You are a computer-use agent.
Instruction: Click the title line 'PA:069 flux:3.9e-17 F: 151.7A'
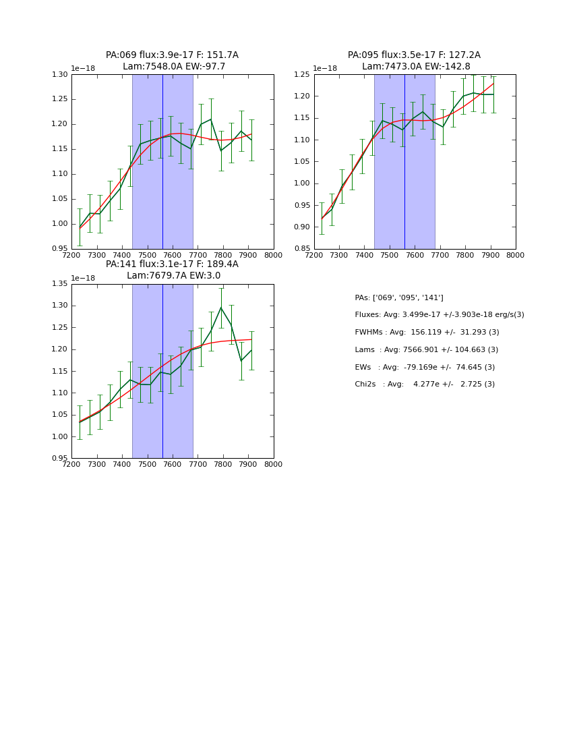[x=172, y=55]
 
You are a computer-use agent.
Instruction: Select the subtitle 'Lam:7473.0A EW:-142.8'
[x=414, y=67]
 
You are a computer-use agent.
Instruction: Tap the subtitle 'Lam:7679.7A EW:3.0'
[x=173, y=276]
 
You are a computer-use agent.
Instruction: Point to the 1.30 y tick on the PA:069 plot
[x=60, y=74]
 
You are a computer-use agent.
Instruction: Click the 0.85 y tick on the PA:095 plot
[x=302, y=249]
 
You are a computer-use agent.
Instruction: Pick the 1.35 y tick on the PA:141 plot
[x=60, y=284]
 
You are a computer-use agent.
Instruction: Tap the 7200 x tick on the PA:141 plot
[x=71, y=465]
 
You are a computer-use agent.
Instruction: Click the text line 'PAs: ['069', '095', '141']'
[x=399, y=297]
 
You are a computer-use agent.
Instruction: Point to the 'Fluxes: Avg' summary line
[x=439, y=315]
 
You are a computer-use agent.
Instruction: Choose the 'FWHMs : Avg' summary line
[x=427, y=333]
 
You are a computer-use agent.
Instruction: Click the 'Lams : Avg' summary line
[x=426, y=350]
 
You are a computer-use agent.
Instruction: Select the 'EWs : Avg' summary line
[x=425, y=367]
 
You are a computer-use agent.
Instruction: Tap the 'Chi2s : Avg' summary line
[x=425, y=384]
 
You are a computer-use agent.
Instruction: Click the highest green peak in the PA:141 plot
[x=221, y=308]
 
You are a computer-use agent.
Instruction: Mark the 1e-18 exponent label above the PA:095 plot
[x=325, y=69]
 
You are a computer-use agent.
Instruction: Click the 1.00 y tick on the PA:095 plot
[x=302, y=183]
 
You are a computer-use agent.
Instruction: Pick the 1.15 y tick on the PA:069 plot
[x=60, y=124]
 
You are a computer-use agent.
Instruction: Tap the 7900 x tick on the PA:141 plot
[x=248, y=465]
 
